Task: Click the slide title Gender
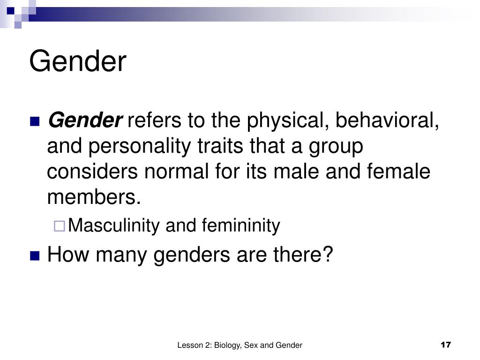point(78,62)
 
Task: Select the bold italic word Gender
point(85,121)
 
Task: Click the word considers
point(92,172)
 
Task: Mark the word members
point(94,197)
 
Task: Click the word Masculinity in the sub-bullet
point(114,226)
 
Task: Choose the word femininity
point(240,226)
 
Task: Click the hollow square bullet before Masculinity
point(59,226)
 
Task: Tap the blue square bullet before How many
point(34,255)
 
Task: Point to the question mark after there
point(328,255)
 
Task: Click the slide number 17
point(445,345)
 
